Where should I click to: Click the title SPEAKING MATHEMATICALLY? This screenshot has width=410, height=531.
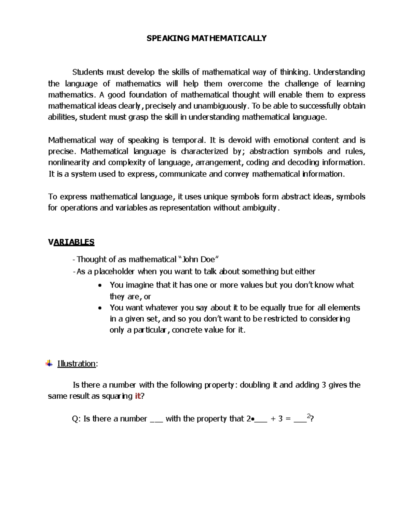pyautogui.click(x=206, y=38)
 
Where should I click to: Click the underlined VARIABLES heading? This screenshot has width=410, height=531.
pyautogui.click(x=71, y=242)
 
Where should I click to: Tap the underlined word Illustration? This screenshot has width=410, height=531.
pyautogui.click(x=76, y=363)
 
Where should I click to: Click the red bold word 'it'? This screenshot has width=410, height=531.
pyautogui.click(x=138, y=396)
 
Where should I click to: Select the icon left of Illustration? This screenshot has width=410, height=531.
pyautogui.click(x=49, y=363)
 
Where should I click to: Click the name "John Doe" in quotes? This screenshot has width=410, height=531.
pyautogui.click(x=199, y=260)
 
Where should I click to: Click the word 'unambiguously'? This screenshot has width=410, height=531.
pyautogui.click(x=216, y=106)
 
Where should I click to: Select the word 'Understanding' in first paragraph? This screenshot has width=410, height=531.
pyautogui.click(x=339, y=72)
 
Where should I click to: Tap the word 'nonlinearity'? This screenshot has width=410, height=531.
pyautogui.click(x=69, y=162)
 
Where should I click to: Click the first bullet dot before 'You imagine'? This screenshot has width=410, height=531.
pyautogui.click(x=100, y=286)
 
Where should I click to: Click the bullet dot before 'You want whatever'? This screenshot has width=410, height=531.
pyautogui.click(x=100, y=308)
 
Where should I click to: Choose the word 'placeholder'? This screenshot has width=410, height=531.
pyautogui.click(x=114, y=272)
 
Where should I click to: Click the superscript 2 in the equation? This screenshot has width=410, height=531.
pyautogui.click(x=309, y=416)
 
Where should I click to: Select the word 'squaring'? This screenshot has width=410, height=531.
pyautogui.click(x=117, y=396)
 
